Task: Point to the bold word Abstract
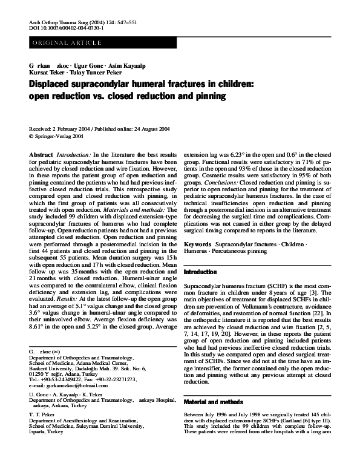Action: pyautogui.click(x=41, y=156)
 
